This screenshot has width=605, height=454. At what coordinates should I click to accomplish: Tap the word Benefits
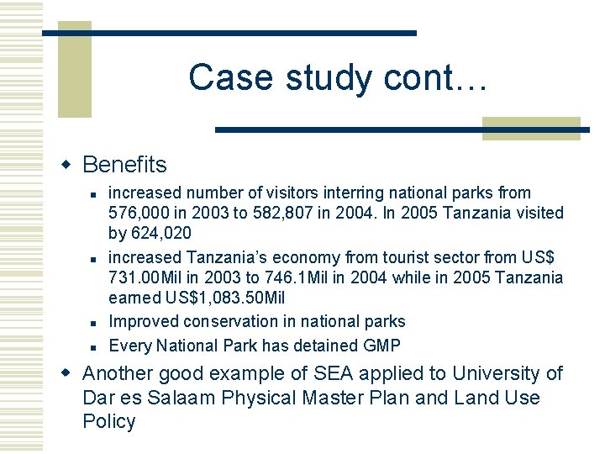124,165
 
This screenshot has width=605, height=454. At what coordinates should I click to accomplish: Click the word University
497,374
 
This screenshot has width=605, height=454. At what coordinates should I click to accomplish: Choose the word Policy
109,422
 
